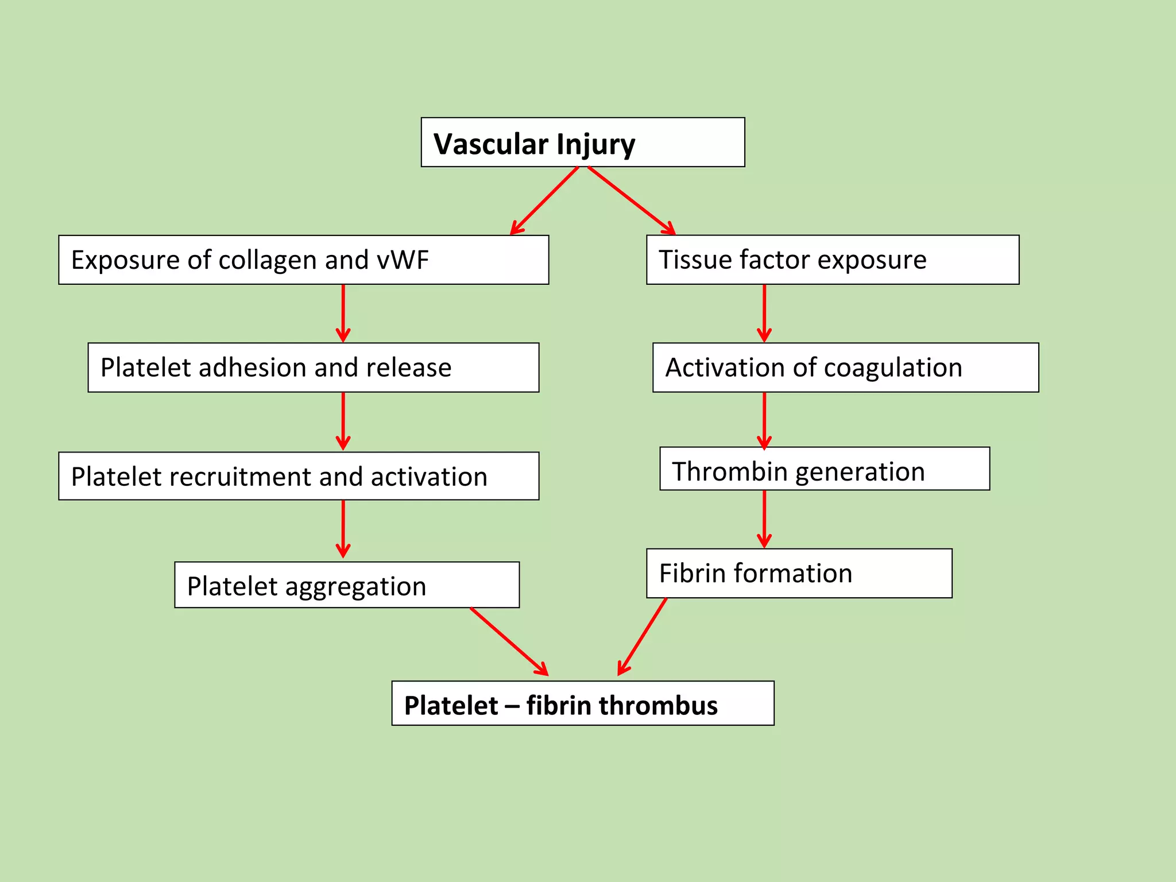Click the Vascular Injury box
[582, 142]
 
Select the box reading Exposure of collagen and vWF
[303, 260]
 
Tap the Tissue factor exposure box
[832, 260]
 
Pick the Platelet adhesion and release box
[313, 367]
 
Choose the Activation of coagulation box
[845, 367]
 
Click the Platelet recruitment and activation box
[299, 476]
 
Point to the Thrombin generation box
[824, 469]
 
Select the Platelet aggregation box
[347, 585]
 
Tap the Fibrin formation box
[799, 573]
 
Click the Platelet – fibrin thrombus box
[582, 703]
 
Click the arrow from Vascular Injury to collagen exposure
[544, 200]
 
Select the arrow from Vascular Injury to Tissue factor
[631, 200]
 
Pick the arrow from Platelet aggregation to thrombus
[509, 641]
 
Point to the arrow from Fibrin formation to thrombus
[643, 636]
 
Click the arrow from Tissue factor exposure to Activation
[764, 313]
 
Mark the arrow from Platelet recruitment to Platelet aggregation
[343, 528]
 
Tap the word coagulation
[892, 368]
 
